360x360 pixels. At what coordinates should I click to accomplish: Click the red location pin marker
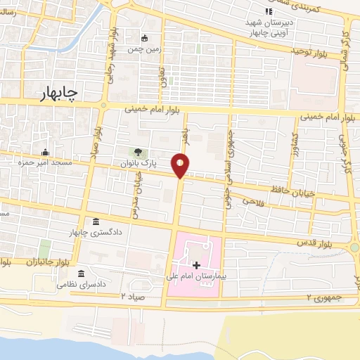point(181,165)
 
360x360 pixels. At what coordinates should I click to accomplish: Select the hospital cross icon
point(196,265)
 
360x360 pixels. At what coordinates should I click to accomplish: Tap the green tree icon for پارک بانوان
point(138,152)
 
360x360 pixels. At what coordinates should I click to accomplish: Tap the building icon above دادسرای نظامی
point(82,273)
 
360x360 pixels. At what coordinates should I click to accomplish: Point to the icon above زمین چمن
point(145,38)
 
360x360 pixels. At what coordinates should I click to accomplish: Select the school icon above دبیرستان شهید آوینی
point(268,11)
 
